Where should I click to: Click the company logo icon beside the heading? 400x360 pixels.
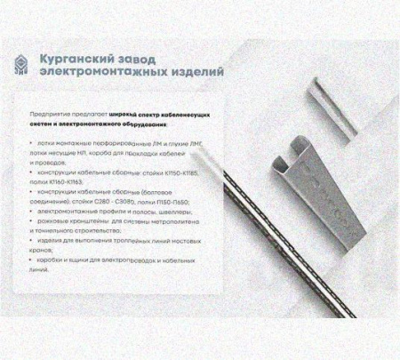[x=24, y=64]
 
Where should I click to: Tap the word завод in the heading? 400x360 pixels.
[x=148, y=58]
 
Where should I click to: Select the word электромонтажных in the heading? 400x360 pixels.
[x=102, y=71]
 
